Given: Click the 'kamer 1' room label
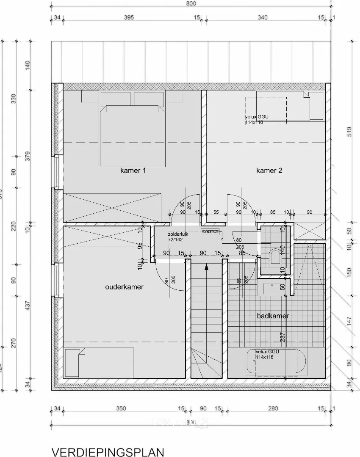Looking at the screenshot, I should tap(133, 171).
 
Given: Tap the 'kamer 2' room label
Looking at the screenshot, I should tap(269, 171).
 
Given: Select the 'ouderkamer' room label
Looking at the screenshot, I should tap(124, 287).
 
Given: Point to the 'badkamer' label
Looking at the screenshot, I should tap(273, 316).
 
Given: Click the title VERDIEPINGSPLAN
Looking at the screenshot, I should tap(107, 451).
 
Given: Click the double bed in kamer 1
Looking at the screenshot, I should tap(132, 135).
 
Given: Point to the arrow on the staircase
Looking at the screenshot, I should tap(206, 267).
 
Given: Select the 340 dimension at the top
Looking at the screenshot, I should tap(262, 17).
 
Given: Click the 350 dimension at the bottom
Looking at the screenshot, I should tap(121, 408).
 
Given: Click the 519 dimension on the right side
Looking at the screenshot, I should tap(349, 132).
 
